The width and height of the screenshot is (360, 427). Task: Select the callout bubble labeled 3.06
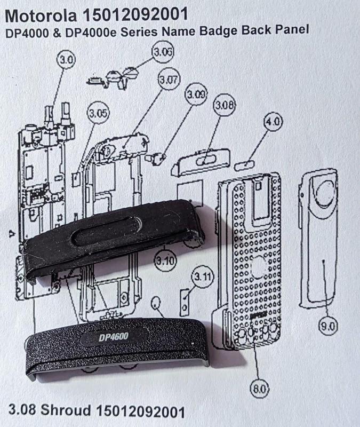(x=163, y=52)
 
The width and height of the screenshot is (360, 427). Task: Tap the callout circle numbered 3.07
(x=168, y=82)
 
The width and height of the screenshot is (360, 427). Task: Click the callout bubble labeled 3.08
(x=224, y=106)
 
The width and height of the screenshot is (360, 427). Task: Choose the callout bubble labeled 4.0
(x=273, y=122)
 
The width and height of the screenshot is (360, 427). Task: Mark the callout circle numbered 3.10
(x=165, y=261)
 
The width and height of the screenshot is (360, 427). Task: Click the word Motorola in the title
(x=40, y=12)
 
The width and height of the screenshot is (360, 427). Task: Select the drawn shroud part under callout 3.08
(x=201, y=160)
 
